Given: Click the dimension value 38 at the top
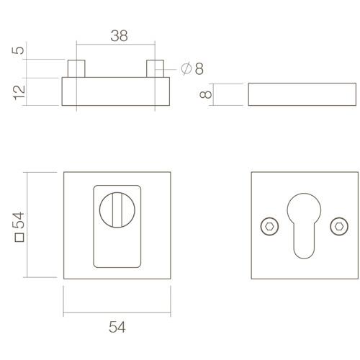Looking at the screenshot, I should pos(120,35).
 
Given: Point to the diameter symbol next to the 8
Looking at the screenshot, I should pos(186,68).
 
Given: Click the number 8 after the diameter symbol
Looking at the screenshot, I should pos(199,68).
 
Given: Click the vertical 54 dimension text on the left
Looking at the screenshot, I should pos(20,220).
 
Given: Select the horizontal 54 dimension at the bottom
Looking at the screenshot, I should pos(117,326).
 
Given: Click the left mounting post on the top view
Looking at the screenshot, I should pos(77,68).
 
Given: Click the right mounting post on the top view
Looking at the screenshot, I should pos(156,68).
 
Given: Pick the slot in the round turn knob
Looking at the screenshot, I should pos(117,210).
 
